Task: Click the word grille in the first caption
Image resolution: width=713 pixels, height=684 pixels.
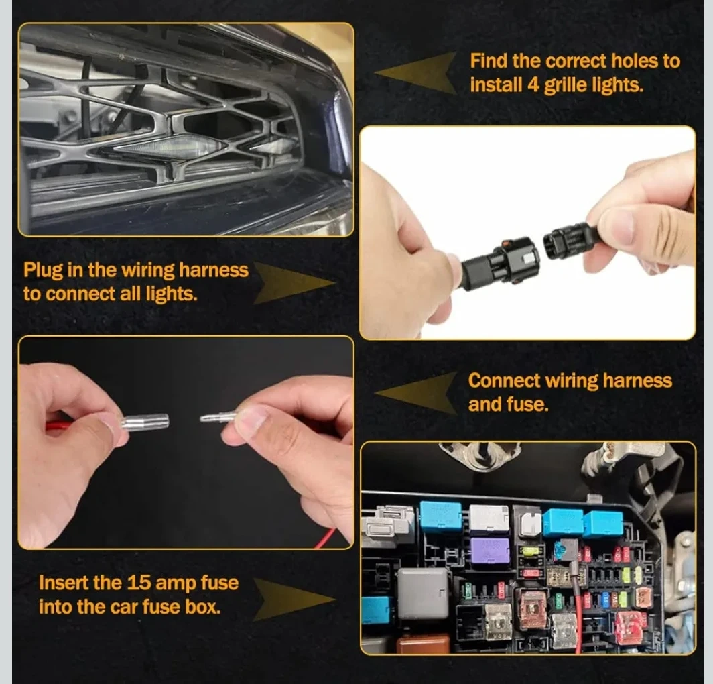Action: pos(567,85)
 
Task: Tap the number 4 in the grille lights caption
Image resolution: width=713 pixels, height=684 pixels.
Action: pos(533,84)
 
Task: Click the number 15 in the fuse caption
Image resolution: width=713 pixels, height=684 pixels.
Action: pos(139,583)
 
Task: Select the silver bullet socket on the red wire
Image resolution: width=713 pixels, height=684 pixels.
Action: pos(145,422)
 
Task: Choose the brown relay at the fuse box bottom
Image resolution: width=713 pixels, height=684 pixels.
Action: pos(423,645)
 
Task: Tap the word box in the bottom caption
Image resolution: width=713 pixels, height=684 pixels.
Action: pos(202,607)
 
